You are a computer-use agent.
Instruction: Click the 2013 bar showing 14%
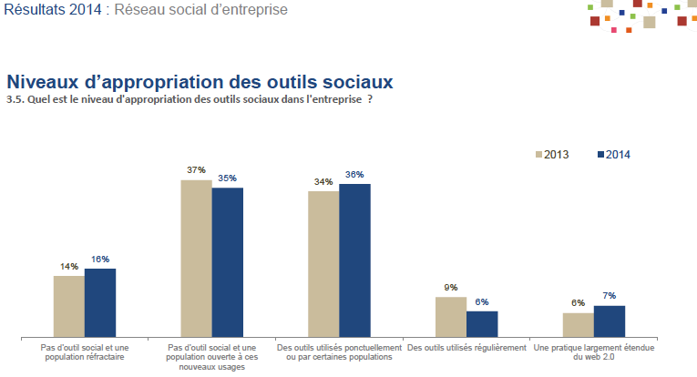coord(69,306)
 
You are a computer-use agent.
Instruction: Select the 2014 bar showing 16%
coord(100,302)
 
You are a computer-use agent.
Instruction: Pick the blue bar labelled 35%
coord(228,262)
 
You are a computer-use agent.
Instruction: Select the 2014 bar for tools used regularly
coord(482,324)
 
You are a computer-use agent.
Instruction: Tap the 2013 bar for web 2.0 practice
coord(578,325)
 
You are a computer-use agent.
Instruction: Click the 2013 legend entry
coord(552,154)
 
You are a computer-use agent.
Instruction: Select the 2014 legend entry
coord(612,154)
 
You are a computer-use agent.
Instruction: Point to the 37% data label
coord(196,170)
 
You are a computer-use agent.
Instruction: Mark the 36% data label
coord(355,174)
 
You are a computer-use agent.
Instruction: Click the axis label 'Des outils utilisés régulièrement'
coord(466,348)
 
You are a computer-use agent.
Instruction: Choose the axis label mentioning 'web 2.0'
coord(594,352)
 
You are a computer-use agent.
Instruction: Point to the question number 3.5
coord(14,99)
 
